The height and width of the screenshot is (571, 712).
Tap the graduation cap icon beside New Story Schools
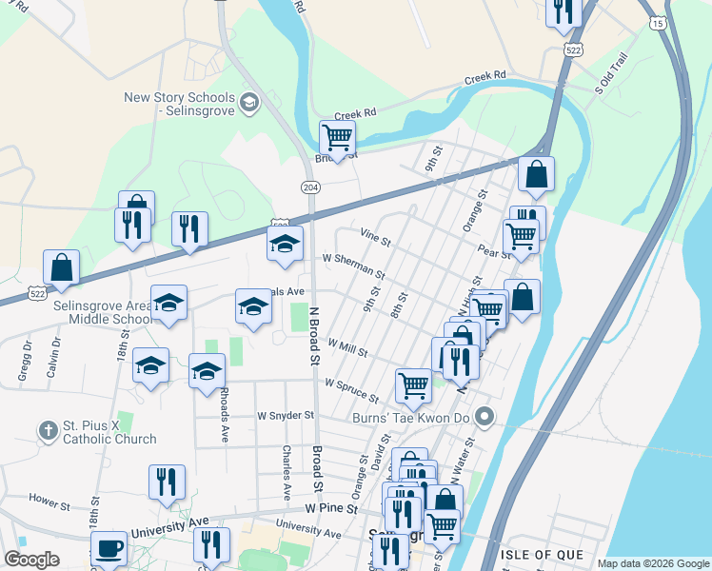[x=249, y=101]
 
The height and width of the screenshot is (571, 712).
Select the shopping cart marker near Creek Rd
[x=337, y=138]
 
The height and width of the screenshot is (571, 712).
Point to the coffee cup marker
[x=109, y=548]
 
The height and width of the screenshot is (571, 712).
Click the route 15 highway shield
[x=658, y=22]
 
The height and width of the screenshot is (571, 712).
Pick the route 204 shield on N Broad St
[x=310, y=187]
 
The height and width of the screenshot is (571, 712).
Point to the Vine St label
[x=375, y=236]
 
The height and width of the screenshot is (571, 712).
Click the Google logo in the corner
[x=31, y=560]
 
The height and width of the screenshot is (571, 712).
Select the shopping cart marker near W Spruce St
[x=413, y=385]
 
